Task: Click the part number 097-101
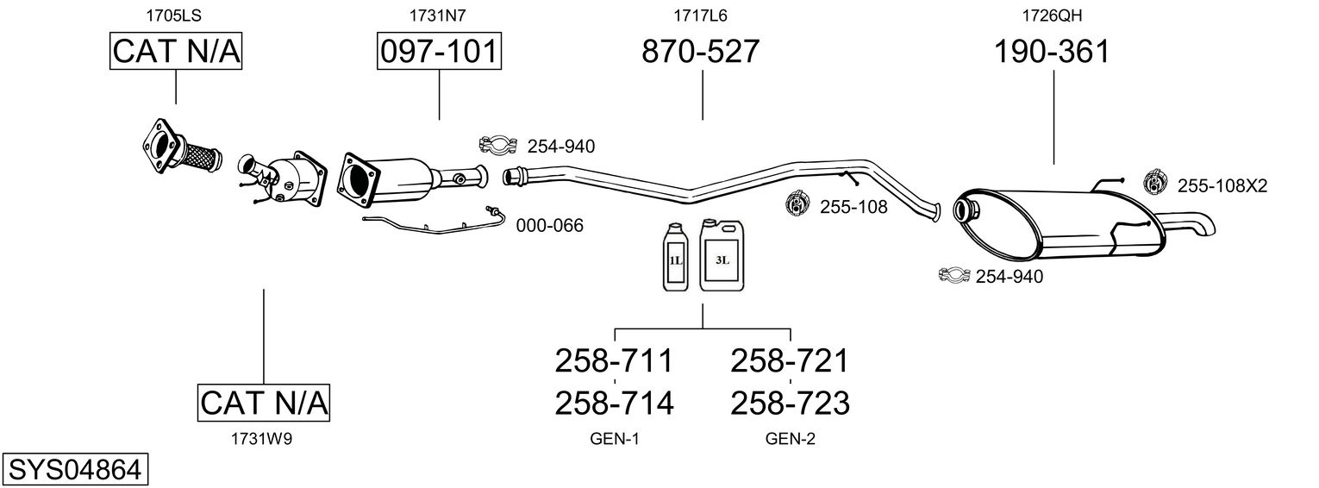pyautogui.click(x=440, y=52)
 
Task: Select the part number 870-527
pyautogui.click(x=701, y=52)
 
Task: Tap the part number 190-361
pyautogui.click(x=1052, y=52)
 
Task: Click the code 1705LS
pyautogui.click(x=176, y=15)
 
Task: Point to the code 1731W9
pyautogui.click(x=262, y=439)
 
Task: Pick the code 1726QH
pyautogui.click(x=1052, y=15)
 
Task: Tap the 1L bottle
pyautogui.click(x=675, y=256)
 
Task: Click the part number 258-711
pyautogui.click(x=614, y=360)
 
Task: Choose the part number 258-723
pyautogui.click(x=790, y=403)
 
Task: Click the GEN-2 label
pyautogui.click(x=790, y=439)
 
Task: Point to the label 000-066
pyautogui.click(x=549, y=226)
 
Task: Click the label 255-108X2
pyautogui.click(x=1222, y=185)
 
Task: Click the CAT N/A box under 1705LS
pyautogui.click(x=176, y=52)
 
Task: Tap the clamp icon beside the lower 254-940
pyautogui.click(x=953, y=276)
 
